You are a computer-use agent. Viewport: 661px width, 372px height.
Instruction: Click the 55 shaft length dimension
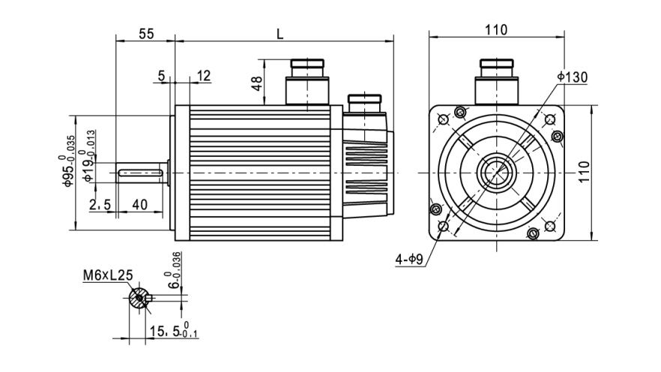pos(145,34)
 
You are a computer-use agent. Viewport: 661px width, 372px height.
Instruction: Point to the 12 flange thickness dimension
pos(203,75)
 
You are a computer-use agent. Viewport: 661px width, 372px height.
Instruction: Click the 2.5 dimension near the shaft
pos(100,205)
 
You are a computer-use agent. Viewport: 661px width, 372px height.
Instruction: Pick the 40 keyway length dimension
pos(139,205)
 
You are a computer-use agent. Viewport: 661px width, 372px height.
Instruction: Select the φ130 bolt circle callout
pos(573,76)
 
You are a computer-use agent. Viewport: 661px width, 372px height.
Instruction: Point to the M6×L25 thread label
pos(108,275)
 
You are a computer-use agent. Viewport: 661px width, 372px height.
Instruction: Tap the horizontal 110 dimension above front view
pos(495,30)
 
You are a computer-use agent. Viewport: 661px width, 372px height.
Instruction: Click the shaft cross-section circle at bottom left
pos(138,299)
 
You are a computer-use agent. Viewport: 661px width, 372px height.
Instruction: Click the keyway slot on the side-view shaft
pos(141,173)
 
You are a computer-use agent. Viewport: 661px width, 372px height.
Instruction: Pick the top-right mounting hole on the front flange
pos(551,119)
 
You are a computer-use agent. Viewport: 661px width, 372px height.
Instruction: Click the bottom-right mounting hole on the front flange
pos(551,226)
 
